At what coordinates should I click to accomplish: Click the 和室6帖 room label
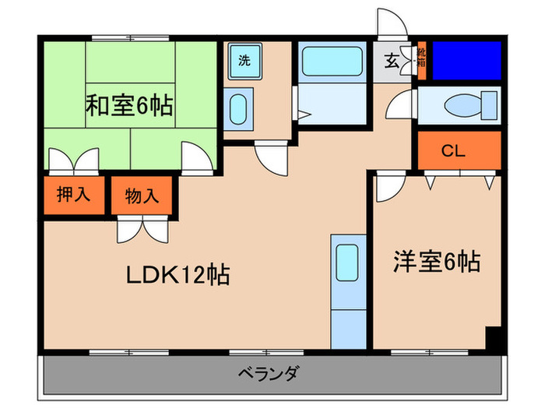(129, 105)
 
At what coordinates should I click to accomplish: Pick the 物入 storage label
(142, 196)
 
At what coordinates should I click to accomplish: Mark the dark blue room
(466, 59)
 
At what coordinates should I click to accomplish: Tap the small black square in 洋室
(492, 339)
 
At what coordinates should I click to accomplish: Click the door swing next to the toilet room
(402, 106)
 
